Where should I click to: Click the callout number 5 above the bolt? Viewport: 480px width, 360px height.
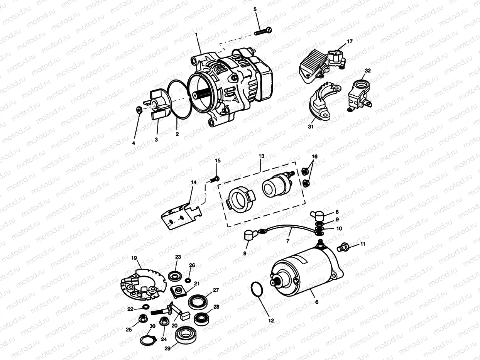(x=255, y=9)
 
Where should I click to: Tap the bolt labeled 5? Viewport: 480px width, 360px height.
(x=263, y=31)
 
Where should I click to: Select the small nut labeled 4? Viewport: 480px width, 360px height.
(x=138, y=110)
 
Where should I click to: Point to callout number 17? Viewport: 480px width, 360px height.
(x=350, y=41)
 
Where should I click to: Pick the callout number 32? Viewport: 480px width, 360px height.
(x=367, y=71)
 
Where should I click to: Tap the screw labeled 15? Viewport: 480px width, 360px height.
(x=216, y=178)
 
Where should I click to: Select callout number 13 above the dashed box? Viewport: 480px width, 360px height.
(x=261, y=156)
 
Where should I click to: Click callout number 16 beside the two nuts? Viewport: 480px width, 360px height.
(x=315, y=157)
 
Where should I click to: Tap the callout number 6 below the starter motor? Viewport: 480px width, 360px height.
(x=317, y=302)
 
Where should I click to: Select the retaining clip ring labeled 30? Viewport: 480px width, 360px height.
(x=147, y=341)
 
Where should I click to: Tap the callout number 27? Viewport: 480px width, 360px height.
(x=216, y=290)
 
